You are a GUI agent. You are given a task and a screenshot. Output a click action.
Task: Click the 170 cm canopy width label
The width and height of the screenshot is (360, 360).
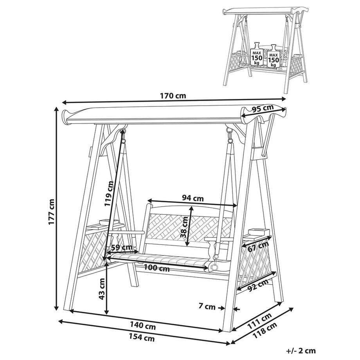[173, 95]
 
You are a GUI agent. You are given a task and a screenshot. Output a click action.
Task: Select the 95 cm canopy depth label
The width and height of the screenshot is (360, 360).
[263, 108]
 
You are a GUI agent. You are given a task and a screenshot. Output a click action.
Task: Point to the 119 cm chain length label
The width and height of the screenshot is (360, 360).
[109, 194]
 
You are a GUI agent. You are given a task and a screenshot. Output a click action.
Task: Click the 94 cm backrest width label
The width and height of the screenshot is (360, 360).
[193, 198]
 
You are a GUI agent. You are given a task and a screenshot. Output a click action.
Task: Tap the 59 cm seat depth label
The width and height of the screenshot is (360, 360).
[122, 247]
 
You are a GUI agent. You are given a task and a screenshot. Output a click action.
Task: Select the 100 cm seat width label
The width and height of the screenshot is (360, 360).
[157, 268]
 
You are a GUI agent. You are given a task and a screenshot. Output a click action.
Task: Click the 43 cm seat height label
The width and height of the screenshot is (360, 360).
[101, 289]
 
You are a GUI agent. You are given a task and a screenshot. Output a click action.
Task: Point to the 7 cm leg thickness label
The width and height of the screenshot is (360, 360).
[207, 306]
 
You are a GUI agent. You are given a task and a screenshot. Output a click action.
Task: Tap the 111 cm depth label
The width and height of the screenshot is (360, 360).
[259, 321]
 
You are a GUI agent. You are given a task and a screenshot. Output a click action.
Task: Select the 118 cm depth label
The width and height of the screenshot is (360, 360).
[265, 330]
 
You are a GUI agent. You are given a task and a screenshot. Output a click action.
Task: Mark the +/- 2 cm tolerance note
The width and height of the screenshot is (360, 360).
[301, 351]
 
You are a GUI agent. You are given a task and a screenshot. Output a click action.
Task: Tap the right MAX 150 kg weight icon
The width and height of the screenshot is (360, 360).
[274, 56]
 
